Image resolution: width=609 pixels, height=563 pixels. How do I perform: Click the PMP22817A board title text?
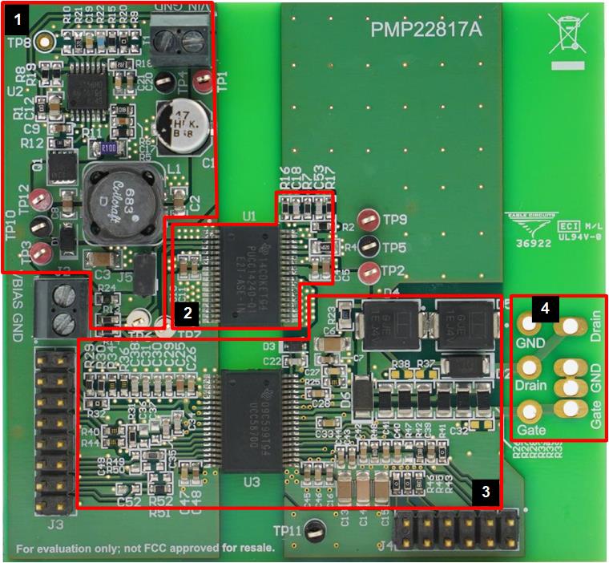pos(427,30)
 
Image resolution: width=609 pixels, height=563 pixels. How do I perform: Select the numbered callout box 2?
pos(186,310)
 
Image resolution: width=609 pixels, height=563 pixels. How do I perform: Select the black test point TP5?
pos(369,246)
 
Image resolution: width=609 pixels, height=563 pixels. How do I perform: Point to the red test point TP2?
pos(369,271)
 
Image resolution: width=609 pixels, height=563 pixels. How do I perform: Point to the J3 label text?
pos(54,526)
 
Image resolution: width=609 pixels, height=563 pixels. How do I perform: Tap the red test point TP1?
pos(204,79)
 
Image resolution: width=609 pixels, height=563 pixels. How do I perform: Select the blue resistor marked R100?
pos(109,148)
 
